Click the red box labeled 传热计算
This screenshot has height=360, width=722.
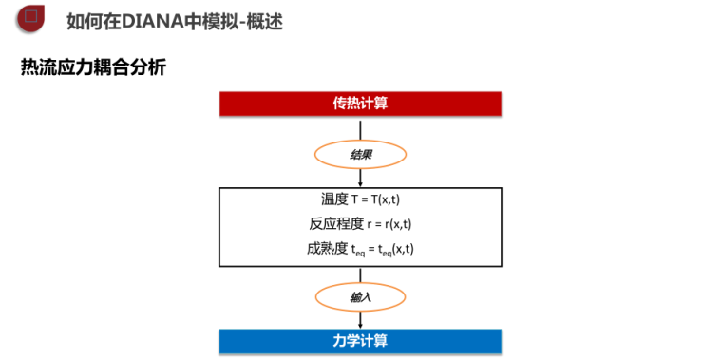click(x=360, y=103)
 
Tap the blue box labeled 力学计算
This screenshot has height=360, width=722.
click(x=360, y=340)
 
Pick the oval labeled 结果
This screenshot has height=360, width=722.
click(x=361, y=154)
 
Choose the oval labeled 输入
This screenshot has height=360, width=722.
click(x=361, y=297)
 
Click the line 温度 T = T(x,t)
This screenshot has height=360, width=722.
click(x=360, y=199)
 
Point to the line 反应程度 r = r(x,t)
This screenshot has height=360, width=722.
click(x=360, y=224)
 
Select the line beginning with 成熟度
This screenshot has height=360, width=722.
click(x=360, y=250)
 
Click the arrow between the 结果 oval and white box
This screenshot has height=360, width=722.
click(x=361, y=178)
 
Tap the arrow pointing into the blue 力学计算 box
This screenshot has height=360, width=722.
click(x=361, y=320)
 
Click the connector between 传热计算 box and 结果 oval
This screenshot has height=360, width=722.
click(x=361, y=127)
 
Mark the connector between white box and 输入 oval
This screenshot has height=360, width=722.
click(x=361, y=274)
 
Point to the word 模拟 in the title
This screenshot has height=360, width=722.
click(x=222, y=20)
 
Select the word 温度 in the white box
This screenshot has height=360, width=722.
click(x=335, y=199)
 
